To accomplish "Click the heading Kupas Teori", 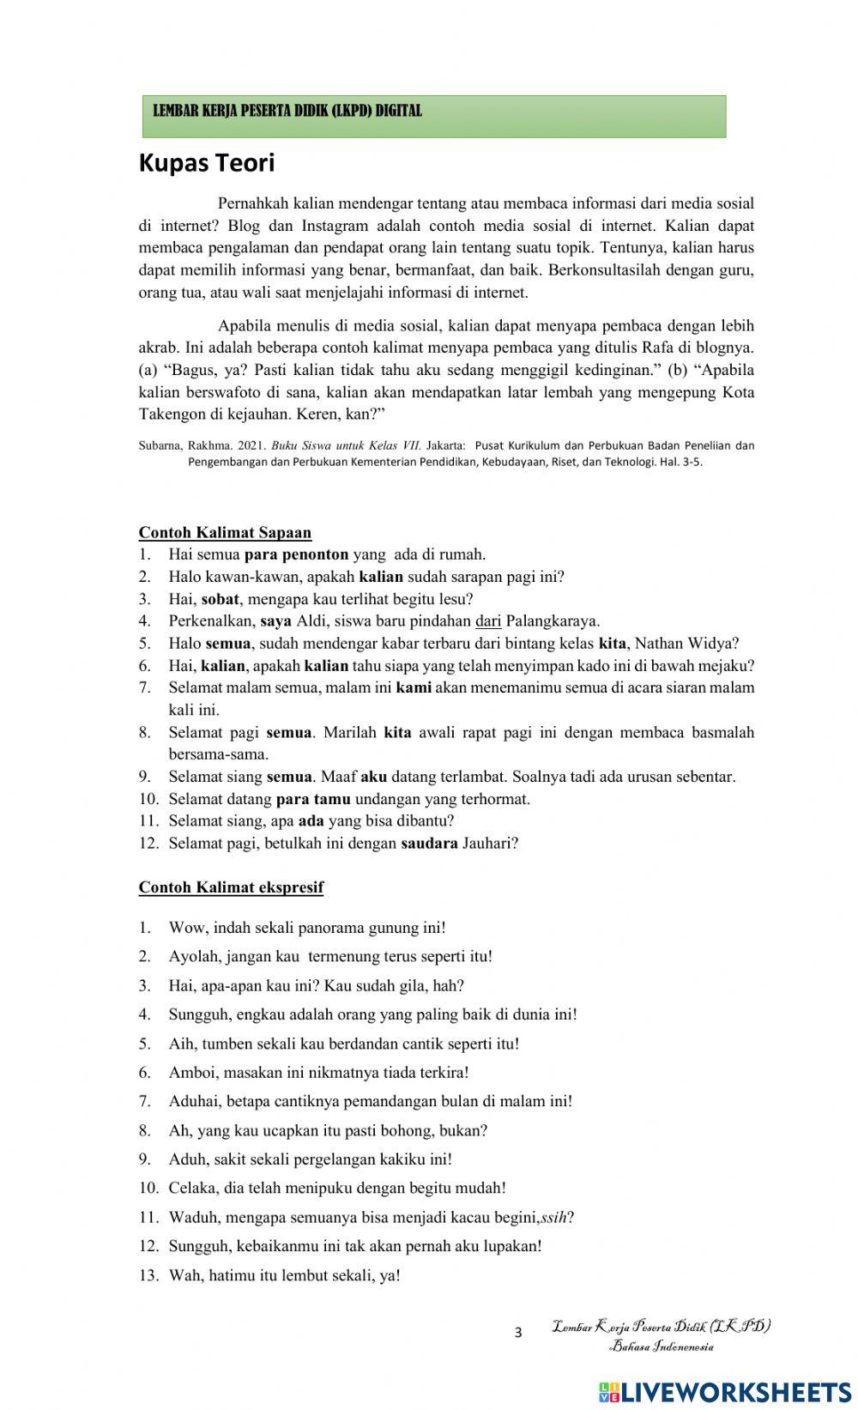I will [x=206, y=163].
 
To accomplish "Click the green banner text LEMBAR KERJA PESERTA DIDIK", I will [x=287, y=111].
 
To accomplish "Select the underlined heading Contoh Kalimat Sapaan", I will [x=225, y=532].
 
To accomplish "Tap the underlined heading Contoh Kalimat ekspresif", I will [x=231, y=887].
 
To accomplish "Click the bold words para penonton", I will [x=296, y=554].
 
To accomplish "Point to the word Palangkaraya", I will [x=553, y=620].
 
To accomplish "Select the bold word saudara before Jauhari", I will [x=429, y=843].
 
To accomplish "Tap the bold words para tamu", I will [x=313, y=799].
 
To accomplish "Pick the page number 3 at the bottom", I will [x=518, y=1333].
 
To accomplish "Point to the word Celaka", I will [x=191, y=1188].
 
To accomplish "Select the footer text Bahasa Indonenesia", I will [x=661, y=1346].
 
